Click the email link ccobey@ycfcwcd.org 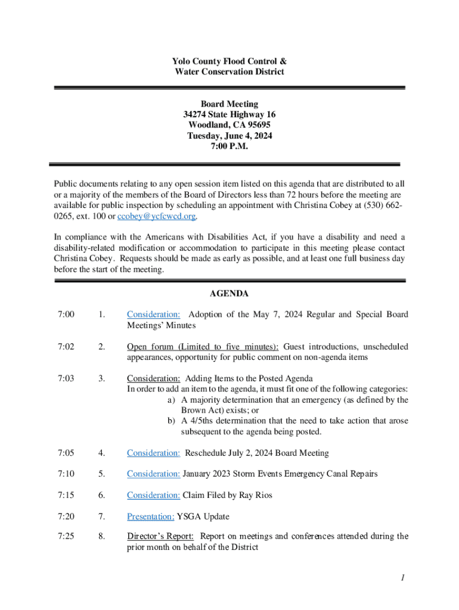[157, 216]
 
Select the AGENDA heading [229, 294]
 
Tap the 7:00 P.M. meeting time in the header [229, 147]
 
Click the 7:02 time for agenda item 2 [66, 347]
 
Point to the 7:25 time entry [66, 536]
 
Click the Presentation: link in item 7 [150, 516]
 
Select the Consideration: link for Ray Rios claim [153, 495]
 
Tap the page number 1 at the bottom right [404, 577]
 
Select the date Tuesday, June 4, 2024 [229, 136]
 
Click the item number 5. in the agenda [102, 474]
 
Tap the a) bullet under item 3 [171, 400]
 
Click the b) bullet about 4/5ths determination [171, 421]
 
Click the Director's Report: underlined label [160, 536]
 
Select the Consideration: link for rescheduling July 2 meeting [153, 453]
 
